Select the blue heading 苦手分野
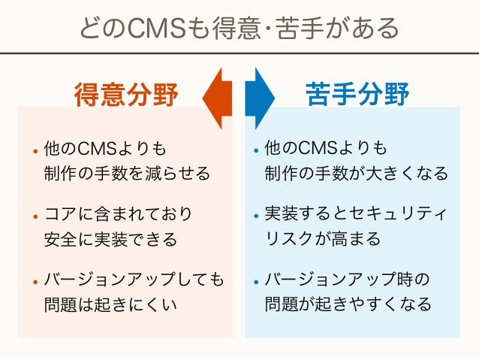357,95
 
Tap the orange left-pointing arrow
218,97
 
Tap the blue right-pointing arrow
261,97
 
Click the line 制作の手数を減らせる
127,174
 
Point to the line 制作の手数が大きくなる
356,174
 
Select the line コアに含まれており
118,214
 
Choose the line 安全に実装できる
110,240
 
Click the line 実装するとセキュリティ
356,214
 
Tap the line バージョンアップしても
134,280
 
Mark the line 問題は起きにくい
110,305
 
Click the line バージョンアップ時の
347,280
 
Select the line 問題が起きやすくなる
348,305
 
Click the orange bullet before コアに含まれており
35,216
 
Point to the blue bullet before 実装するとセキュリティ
256,216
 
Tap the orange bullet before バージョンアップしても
35,282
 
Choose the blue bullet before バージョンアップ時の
256,282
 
